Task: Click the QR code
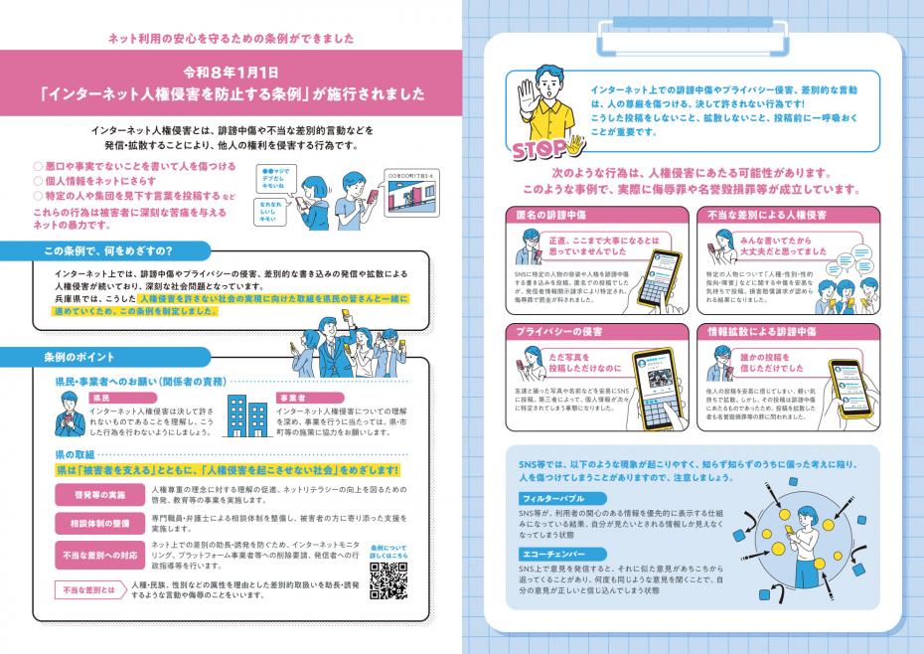(x=385, y=582)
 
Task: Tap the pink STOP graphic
(x=541, y=151)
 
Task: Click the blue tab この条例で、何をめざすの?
(x=106, y=250)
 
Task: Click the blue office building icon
(x=243, y=415)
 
